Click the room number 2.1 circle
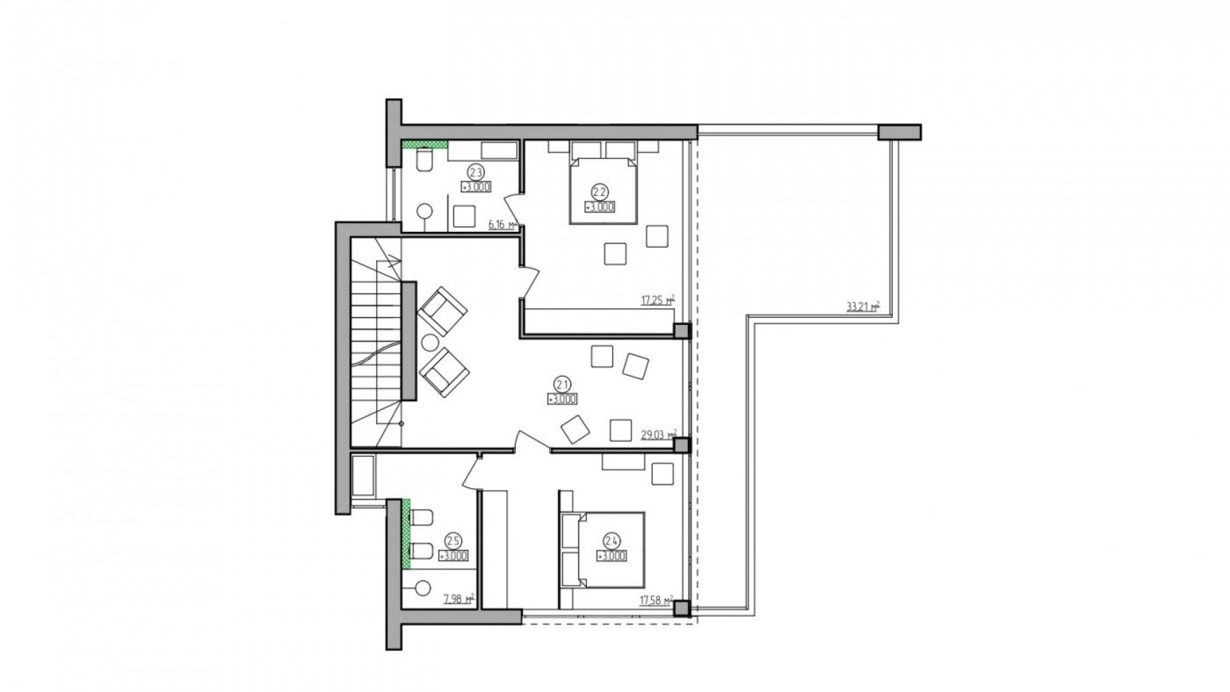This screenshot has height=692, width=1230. coord(562,384)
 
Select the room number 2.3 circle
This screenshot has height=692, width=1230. coord(475,172)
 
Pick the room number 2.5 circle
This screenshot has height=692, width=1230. coord(453,541)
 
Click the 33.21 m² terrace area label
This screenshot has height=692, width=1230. coord(862,307)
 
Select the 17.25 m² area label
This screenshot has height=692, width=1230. coord(658,300)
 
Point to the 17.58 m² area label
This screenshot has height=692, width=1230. coord(655,601)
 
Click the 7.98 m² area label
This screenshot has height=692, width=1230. coord(458,600)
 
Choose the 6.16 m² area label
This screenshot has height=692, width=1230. coord(502,224)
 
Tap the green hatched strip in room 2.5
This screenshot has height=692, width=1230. coord(406,534)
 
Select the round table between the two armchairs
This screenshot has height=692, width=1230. coord(429,343)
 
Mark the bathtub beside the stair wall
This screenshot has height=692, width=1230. coord(363,476)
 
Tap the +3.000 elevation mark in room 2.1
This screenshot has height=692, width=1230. coord(562,399)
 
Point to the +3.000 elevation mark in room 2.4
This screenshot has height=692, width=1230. coord(611,556)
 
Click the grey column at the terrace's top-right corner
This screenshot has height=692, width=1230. coord(899,132)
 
